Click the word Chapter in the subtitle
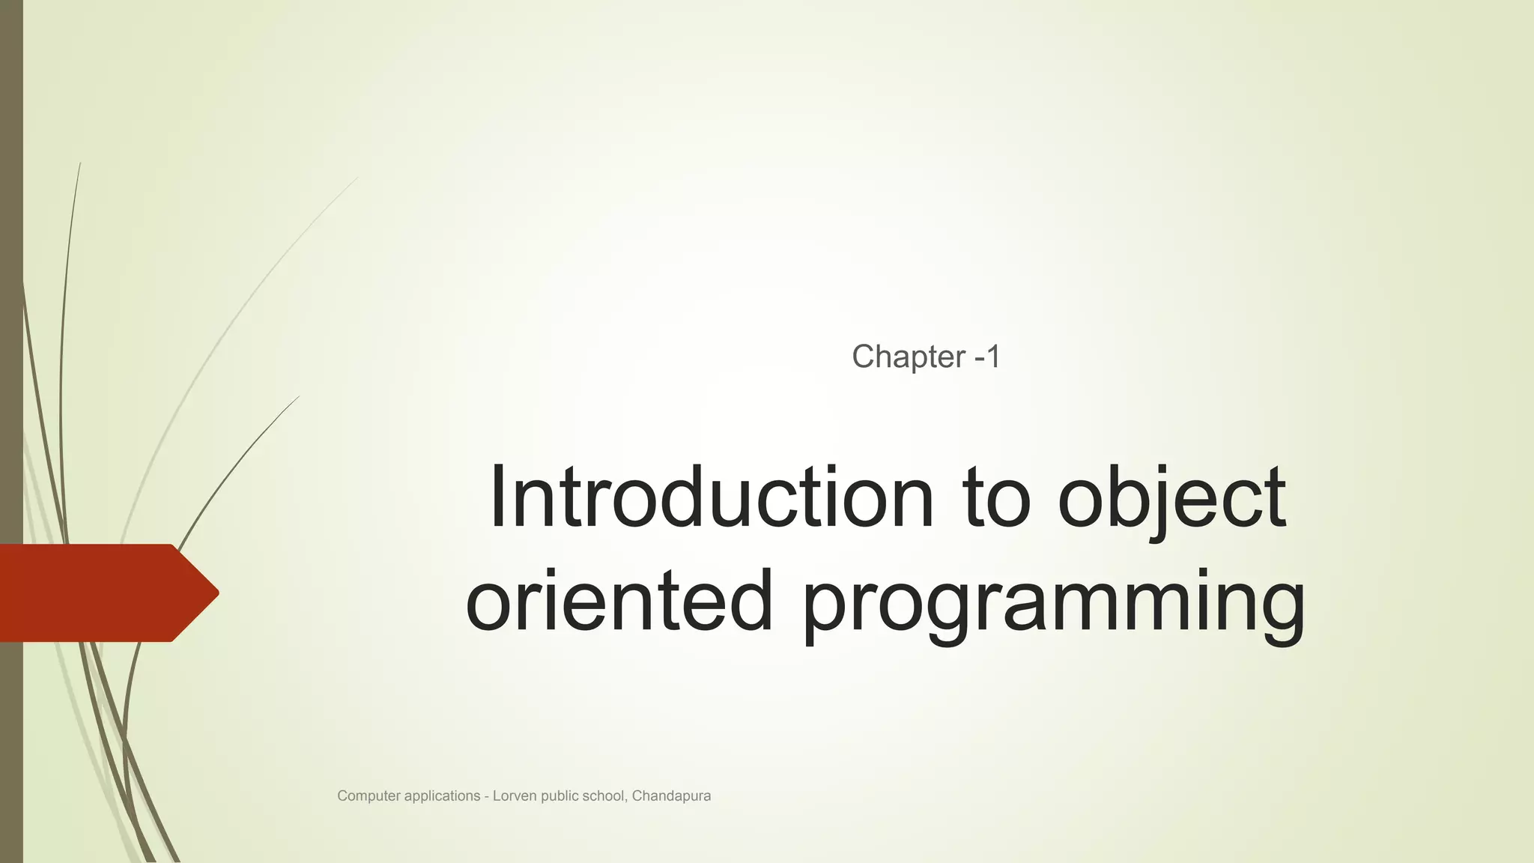[x=909, y=357]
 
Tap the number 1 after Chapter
[x=993, y=357]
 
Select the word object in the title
[x=1172, y=499]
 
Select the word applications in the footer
[x=442, y=796]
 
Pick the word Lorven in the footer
[x=515, y=796]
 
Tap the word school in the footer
[x=604, y=796]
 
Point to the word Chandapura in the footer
[x=671, y=796]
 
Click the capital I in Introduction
[x=497, y=497]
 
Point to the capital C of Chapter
[x=862, y=357]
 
